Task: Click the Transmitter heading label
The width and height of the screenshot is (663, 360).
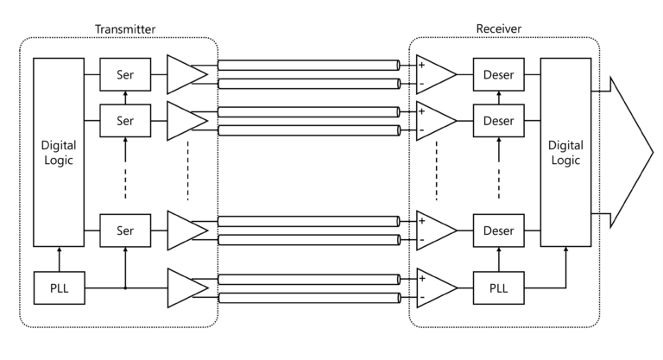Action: [125, 28]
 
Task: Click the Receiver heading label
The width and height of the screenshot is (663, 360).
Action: [498, 28]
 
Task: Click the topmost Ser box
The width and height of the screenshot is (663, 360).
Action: [125, 75]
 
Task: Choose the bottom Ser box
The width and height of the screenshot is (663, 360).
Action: [125, 231]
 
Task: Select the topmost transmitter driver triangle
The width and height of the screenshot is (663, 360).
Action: [185, 75]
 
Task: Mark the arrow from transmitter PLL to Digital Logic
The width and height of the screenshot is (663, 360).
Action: [59, 258]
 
